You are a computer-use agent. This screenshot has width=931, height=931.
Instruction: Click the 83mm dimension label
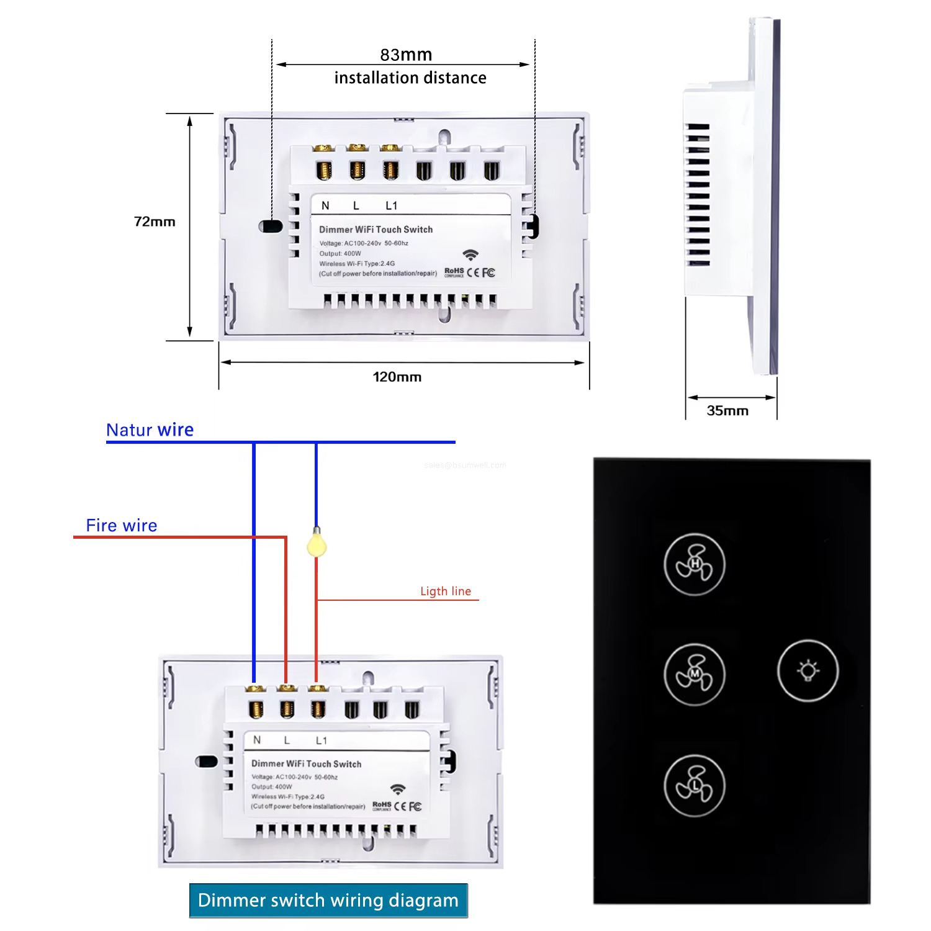(406, 55)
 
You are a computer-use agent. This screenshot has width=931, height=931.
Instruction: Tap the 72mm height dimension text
(155, 222)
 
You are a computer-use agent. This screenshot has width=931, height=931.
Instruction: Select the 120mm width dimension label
(397, 377)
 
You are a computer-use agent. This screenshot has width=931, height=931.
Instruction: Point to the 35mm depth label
(727, 410)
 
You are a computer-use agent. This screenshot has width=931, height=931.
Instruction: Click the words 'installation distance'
(410, 78)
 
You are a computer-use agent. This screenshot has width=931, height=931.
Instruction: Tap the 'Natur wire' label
(150, 430)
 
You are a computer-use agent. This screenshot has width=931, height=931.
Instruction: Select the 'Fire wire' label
(122, 525)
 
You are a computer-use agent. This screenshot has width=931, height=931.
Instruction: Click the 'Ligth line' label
(446, 591)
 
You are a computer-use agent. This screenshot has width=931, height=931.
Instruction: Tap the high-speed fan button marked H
(695, 564)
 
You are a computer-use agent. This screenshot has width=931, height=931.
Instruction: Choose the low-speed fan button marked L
(695, 786)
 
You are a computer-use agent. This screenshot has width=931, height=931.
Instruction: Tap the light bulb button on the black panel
(807, 671)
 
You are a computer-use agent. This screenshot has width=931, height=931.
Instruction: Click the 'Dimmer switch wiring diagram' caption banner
(328, 900)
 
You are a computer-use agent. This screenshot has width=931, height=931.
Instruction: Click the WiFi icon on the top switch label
(470, 255)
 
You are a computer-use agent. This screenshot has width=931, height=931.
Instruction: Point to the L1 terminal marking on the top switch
(391, 205)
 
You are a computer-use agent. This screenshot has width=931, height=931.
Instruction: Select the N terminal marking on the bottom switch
(257, 740)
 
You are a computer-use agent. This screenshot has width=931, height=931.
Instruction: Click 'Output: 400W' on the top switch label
(340, 253)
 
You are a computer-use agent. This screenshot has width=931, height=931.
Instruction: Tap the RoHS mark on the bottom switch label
(382, 805)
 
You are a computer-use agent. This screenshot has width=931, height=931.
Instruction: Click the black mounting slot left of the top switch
(271, 227)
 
